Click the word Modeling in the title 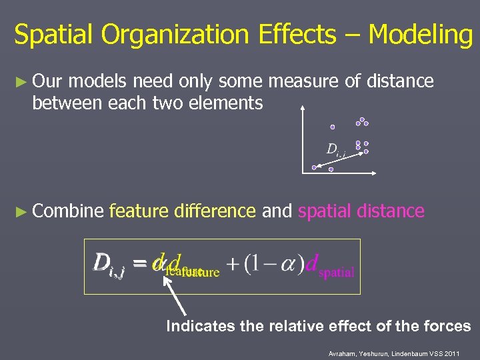point(420,35)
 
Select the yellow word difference point(215,211)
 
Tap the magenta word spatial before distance point(325,211)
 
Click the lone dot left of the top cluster point(333,127)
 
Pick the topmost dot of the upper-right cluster point(362,120)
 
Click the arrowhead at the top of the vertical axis point(303,106)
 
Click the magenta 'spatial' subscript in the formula point(337,273)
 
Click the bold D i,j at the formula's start point(109,264)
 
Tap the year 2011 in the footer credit point(450,353)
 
